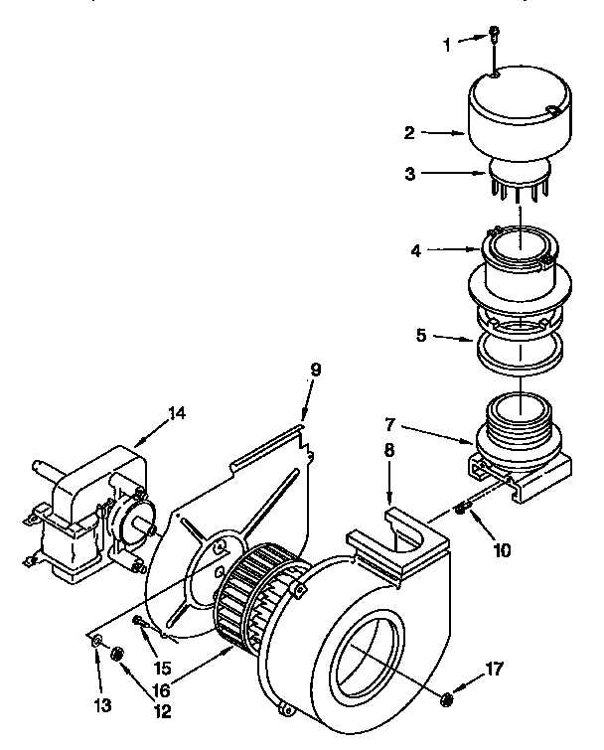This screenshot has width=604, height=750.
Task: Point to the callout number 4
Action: point(416,252)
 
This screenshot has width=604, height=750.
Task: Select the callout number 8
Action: point(387,450)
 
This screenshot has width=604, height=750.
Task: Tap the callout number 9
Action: point(315,370)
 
